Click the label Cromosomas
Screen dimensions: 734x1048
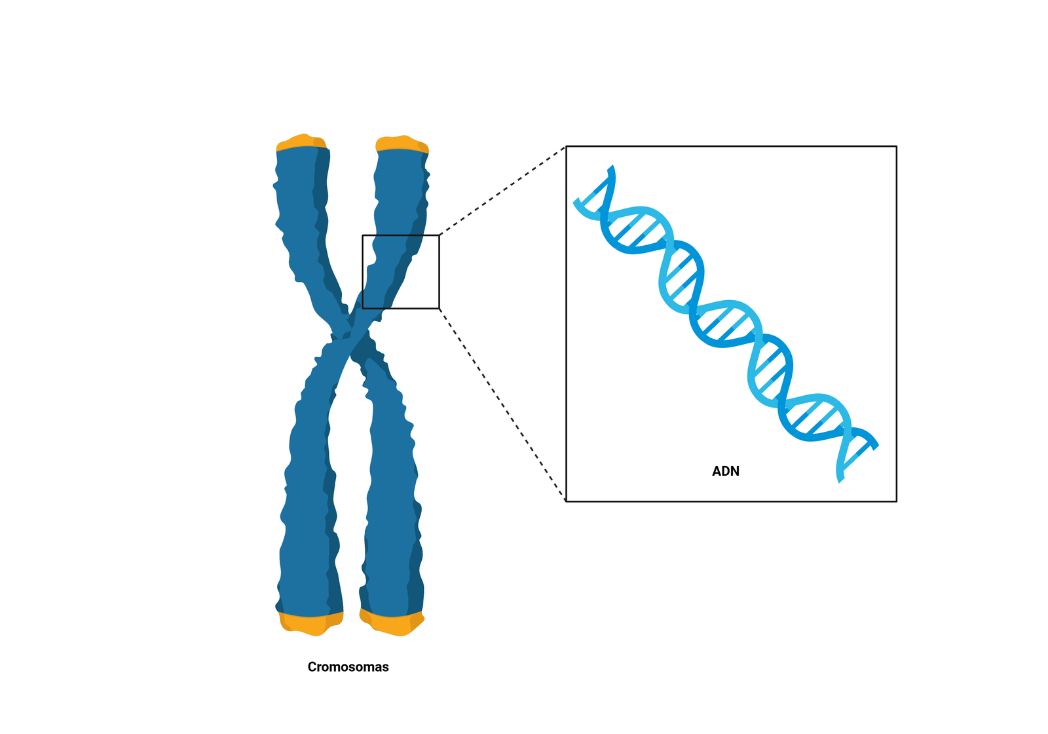coord(348,667)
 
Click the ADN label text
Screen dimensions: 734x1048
coord(726,471)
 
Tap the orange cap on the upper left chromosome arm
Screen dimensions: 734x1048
coord(301,142)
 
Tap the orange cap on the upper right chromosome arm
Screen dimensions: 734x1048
coord(402,144)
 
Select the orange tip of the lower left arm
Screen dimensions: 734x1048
coord(310,623)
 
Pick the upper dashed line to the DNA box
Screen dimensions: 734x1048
coord(502,191)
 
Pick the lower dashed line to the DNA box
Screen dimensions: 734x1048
coord(502,404)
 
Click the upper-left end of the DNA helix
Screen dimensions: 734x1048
coord(578,201)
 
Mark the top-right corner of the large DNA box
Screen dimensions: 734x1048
coord(896,147)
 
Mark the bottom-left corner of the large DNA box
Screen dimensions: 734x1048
coord(566,501)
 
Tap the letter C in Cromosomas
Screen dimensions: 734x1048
coord(312,667)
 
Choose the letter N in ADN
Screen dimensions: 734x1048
coord(734,471)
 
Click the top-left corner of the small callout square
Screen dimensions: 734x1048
coord(363,235)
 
